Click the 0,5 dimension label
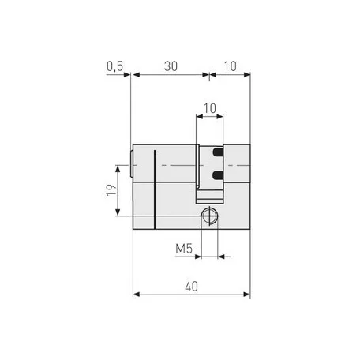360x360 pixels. click(x=115, y=68)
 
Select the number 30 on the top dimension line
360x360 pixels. click(x=170, y=68)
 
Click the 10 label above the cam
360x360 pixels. click(x=209, y=107)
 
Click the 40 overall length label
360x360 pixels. click(x=190, y=288)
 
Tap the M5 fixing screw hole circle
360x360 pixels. click(x=209, y=215)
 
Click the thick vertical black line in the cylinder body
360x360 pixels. click(x=156, y=188)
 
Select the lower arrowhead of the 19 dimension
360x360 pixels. click(x=119, y=212)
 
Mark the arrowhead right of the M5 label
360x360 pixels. click(x=222, y=256)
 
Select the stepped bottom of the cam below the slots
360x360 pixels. click(x=209, y=193)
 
